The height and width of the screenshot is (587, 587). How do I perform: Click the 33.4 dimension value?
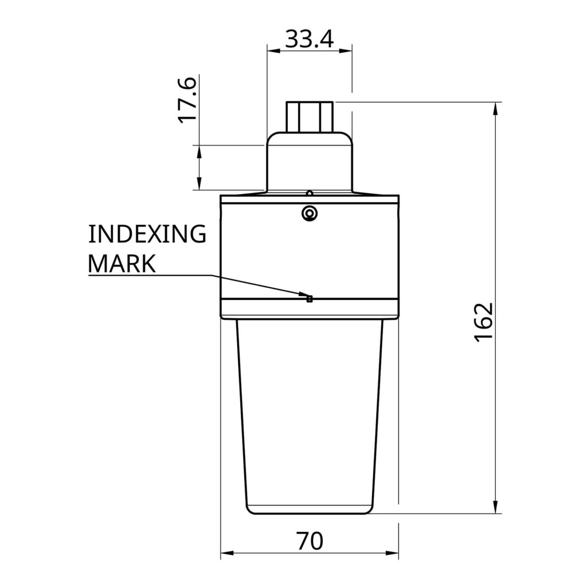point(309,39)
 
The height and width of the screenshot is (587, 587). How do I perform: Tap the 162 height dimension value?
point(483,322)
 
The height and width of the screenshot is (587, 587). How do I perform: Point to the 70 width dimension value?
point(310,541)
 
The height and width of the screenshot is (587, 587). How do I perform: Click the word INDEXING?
point(147,234)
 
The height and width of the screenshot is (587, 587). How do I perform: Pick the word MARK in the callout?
point(122,264)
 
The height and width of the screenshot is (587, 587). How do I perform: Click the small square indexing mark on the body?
point(309,299)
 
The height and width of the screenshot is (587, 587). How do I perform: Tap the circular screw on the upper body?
point(310,213)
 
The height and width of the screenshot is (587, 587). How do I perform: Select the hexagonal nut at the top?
point(310,116)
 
